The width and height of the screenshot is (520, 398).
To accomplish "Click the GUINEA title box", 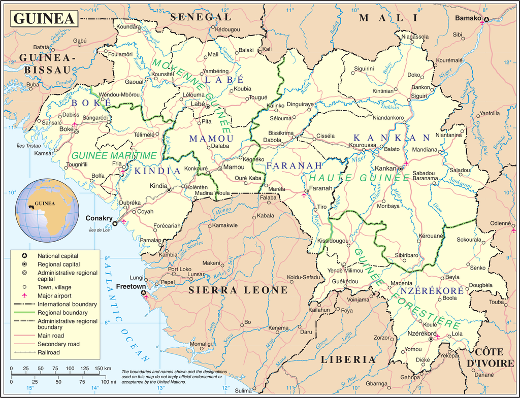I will tap(44, 19).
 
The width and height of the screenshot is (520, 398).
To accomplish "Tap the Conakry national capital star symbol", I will tap(115, 223).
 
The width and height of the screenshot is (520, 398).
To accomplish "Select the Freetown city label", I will tap(131, 286).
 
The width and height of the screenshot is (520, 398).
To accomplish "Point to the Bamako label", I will tap(468, 18).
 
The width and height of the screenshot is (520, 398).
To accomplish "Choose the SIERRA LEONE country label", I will tap(238, 290).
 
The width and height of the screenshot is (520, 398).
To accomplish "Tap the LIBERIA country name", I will tap(348, 359).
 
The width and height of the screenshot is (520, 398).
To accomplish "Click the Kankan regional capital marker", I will tap(400, 168).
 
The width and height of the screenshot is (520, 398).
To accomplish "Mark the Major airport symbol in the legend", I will tap(23, 295).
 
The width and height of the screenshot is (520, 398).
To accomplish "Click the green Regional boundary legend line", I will tap(23, 313).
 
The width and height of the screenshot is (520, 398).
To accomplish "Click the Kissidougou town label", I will tap(333, 240).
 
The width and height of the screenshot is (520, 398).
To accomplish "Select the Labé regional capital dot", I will tap(207, 106).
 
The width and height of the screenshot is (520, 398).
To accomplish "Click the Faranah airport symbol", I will tap(305, 193).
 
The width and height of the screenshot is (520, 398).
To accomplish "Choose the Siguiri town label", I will tap(419, 95).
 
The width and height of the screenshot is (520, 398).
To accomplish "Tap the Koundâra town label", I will tap(128, 26).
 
